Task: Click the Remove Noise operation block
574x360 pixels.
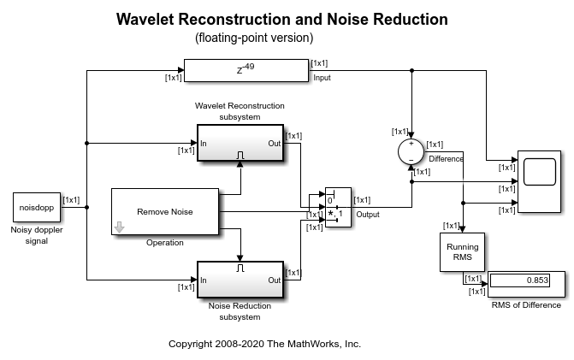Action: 165,211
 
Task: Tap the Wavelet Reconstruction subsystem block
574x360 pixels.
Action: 240,143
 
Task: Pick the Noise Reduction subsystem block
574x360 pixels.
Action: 240,280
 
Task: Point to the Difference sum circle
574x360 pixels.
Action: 412,151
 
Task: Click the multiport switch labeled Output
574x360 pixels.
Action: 338,206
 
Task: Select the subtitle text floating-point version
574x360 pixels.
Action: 254,38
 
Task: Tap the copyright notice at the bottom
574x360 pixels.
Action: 264,344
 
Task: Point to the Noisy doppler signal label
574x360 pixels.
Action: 36,235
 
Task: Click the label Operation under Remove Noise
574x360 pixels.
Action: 165,243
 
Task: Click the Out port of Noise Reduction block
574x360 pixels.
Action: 274,280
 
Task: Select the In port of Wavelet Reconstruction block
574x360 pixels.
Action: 204,143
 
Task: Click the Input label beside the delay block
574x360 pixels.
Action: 323,78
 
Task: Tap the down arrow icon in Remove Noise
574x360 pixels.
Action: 120,227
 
